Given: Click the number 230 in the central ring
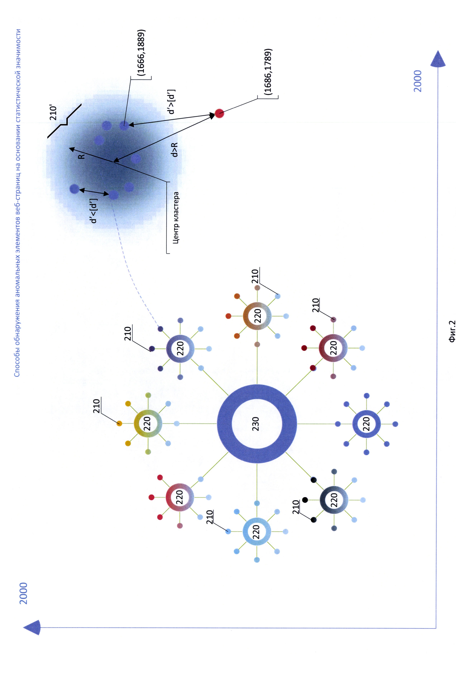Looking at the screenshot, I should coord(256,424).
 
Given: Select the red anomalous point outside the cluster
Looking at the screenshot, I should coord(219,113).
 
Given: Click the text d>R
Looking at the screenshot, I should coord(174,149).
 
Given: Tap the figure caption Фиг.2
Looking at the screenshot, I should coord(452,331).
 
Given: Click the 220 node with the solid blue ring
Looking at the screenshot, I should coord(366,424).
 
